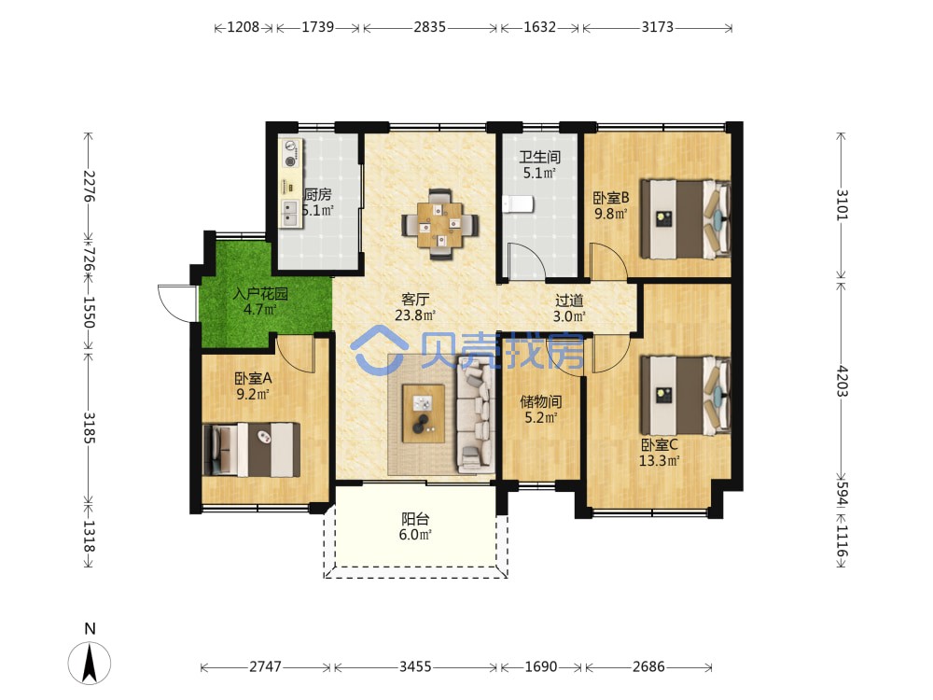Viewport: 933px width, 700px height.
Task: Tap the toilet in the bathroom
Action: pyautogui.click(x=518, y=204)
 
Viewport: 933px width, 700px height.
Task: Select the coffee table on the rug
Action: pyautogui.click(x=423, y=413)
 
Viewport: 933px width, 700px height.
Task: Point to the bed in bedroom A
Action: pyautogui.click(x=251, y=450)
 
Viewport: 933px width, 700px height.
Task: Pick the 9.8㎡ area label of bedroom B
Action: pyautogui.click(x=610, y=213)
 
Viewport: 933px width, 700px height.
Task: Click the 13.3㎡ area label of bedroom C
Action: pyautogui.click(x=660, y=460)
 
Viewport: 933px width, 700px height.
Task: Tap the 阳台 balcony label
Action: pyautogui.click(x=415, y=519)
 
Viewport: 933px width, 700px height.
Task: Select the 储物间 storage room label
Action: pyautogui.click(x=540, y=401)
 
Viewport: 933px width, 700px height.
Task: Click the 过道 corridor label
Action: pyautogui.click(x=569, y=301)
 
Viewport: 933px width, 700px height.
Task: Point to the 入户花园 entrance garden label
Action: pyautogui.click(x=260, y=293)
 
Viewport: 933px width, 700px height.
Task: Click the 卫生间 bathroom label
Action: pyautogui.click(x=539, y=157)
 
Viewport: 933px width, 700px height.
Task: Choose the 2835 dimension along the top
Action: pyautogui.click(x=429, y=27)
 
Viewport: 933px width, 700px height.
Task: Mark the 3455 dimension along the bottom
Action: pyautogui.click(x=415, y=666)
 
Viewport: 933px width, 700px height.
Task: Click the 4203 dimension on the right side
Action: pyautogui.click(x=842, y=381)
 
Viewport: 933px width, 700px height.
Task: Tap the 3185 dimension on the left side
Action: pyautogui.click(x=89, y=427)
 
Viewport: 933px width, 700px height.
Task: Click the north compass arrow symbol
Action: pyautogui.click(x=90, y=663)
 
